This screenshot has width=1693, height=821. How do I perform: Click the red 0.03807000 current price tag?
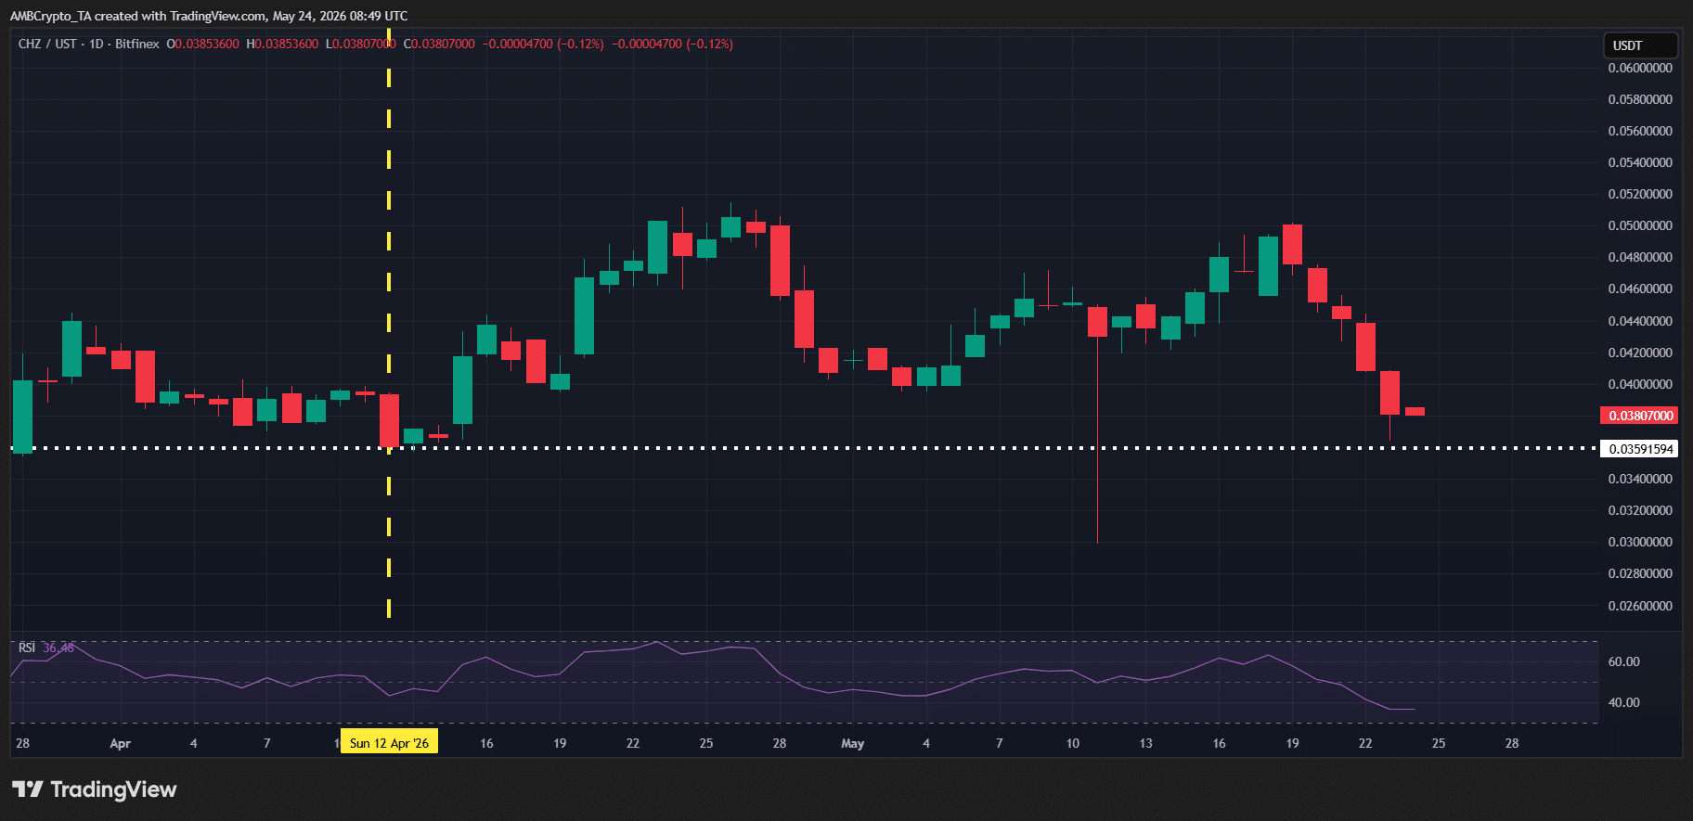pyautogui.click(x=1640, y=416)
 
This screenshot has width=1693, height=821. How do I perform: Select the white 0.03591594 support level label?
pyautogui.click(x=1640, y=449)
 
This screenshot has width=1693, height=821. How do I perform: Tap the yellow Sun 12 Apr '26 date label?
pyautogui.click(x=389, y=742)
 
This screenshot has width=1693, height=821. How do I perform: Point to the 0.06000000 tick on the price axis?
pyautogui.click(x=1640, y=68)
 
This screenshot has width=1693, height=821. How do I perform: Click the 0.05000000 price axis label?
pyautogui.click(x=1640, y=225)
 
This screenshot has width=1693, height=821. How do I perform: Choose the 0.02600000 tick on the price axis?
pyautogui.click(x=1640, y=606)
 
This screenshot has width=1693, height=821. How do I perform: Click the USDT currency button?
pyautogui.click(x=1640, y=45)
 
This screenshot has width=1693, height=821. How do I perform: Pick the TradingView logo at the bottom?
pyautogui.click(x=94, y=789)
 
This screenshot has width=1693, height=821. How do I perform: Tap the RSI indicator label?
pyautogui.click(x=27, y=648)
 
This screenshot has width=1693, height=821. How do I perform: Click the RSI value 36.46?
pyautogui.click(x=58, y=648)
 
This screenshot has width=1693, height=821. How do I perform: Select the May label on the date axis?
pyautogui.click(x=852, y=743)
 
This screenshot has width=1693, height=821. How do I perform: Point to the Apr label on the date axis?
pyautogui.click(x=120, y=743)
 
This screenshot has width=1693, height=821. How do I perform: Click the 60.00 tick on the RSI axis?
pyautogui.click(x=1623, y=661)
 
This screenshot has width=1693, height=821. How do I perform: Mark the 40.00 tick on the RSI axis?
pyautogui.click(x=1623, y=702)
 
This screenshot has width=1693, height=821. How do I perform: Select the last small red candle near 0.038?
pyautogui.click(x=1415, y=411)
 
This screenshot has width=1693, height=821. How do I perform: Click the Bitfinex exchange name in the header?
pyautogui.click(x=137, y=44)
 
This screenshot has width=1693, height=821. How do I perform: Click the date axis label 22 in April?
pyautogui.click(x=633, y=743)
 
